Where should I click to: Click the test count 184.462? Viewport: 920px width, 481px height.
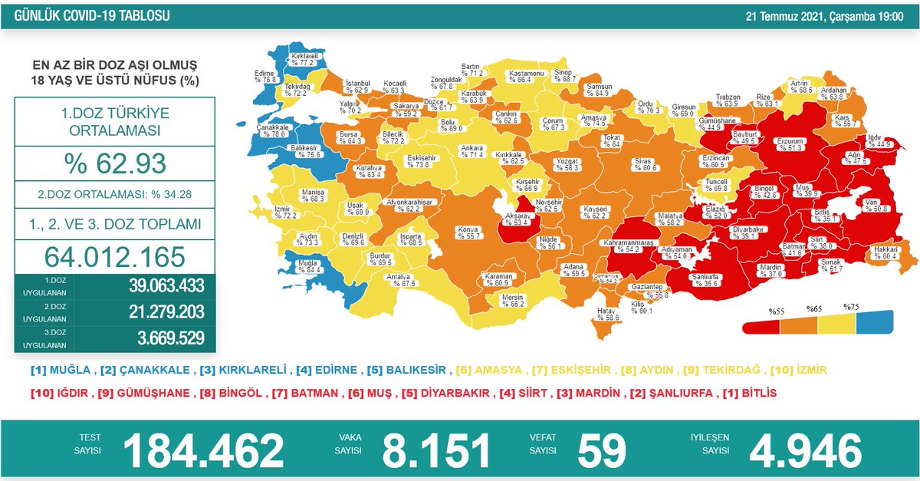[203, 450]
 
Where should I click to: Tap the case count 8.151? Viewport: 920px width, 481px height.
[436, 450]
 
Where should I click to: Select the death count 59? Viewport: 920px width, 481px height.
[602, 450]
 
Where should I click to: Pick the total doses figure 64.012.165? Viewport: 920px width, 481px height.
[115, 255]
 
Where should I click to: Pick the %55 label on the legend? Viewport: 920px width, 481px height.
[776, 311]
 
